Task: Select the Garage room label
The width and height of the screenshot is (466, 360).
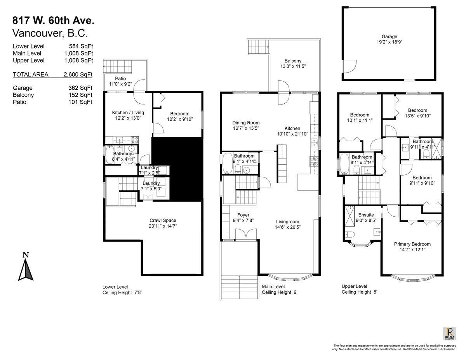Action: (x=389, y=37)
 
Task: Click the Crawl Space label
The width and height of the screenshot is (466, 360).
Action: (x=163, y=220)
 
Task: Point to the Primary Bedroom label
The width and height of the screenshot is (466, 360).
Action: (x=412, y=244)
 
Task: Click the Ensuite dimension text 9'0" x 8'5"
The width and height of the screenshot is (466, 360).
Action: (x=365, y=220)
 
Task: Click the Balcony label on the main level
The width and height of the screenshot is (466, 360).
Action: (x=293, y=61)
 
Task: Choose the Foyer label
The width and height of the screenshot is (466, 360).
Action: (x=243, y=215)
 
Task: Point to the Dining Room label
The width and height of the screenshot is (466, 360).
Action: (x=246, y=123)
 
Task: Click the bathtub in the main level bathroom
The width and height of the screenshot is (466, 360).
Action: (x=227, y=164)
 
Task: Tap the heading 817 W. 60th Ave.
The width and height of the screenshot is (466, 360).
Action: (x=53, y=20)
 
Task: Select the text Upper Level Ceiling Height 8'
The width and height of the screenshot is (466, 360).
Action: (x=359, y=289)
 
